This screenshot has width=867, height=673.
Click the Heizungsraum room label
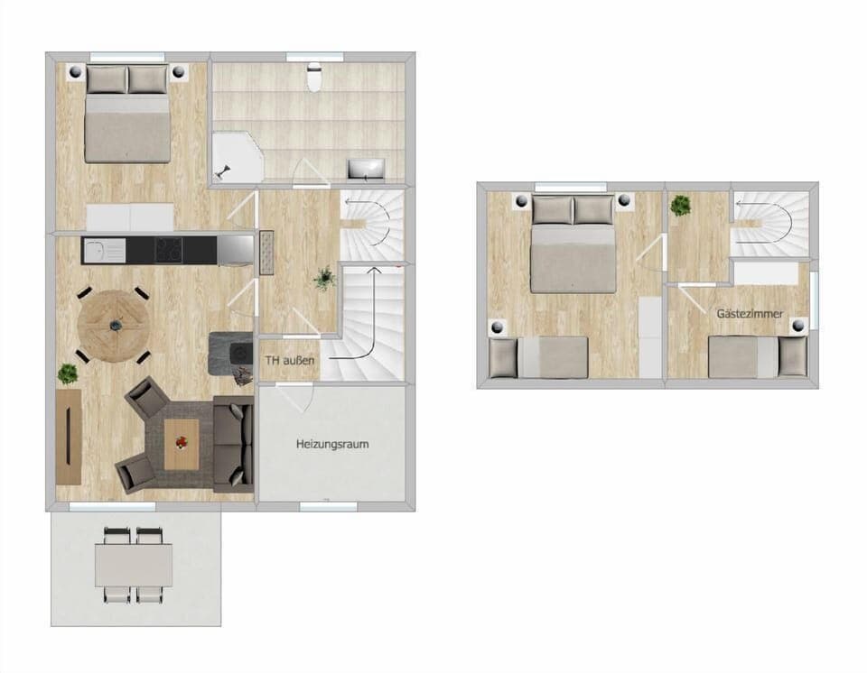[x=332, y=445]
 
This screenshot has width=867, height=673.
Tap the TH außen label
[x=290, y=361]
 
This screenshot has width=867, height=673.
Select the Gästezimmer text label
[x=750, y=314]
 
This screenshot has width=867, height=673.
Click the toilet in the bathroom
[x=313, y=77]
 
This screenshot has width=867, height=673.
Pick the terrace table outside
[x=134, y=566]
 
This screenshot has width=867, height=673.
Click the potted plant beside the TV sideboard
[x=68, y=372]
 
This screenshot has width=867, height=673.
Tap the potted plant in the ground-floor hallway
[x=324, y=280]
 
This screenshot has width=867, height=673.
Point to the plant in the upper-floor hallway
[x=680, y=207]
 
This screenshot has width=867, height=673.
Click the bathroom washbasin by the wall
[x=367, y=169]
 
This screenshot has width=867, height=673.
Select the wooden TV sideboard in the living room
[x=69, y=436]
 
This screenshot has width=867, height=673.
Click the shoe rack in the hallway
[x=266, y=252]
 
